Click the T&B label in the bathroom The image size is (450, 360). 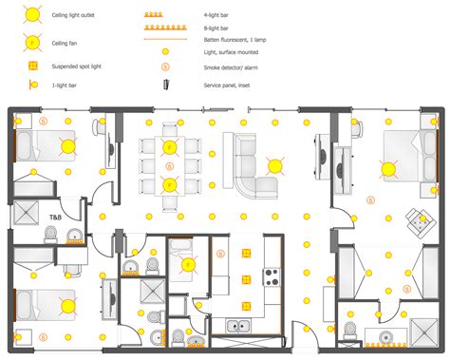tap(54, 218)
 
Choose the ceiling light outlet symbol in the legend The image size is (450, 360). tap(31, 15)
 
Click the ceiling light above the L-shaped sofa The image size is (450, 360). tap(275, 164)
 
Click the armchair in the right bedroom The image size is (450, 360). tap(416, 220)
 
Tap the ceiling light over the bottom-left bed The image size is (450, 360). tap(68, 306)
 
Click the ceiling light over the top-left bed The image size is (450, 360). tap(68, 145)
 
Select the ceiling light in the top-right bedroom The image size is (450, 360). tap(388, 169)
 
